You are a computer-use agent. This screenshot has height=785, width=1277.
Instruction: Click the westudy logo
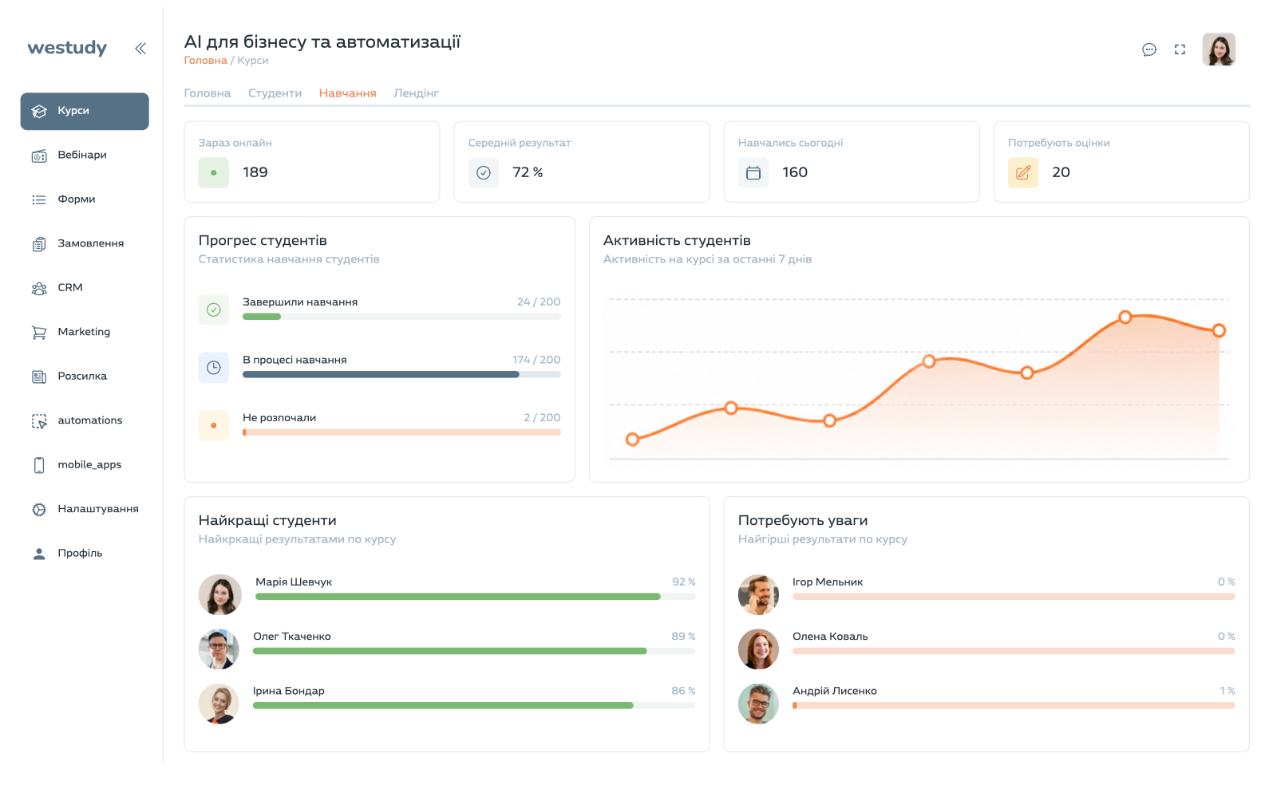click(x=67, y=48)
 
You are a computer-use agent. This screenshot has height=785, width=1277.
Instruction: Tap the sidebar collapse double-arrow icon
click(x=140, y=49)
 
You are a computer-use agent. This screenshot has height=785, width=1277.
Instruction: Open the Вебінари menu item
click(x=81, y=155)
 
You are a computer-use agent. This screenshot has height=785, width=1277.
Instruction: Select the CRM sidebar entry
click(x=69, y=288)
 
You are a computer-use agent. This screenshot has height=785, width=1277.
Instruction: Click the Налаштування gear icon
click(x=39, y=509)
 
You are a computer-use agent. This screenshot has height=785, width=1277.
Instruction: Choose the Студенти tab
click(x=275, y=93)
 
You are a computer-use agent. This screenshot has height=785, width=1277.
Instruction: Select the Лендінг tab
click(x=416, y=93)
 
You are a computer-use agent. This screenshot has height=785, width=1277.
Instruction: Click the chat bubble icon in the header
click(x=1149, y=49)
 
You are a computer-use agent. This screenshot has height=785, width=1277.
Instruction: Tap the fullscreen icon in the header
click(x=1180, y=49)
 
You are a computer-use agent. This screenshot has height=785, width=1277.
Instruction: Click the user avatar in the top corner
click(x=1219, y=49)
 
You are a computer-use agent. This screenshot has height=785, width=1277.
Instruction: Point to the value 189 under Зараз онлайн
click(x=255, y=172)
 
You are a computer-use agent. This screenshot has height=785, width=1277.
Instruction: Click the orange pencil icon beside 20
click(x=1022, y=172)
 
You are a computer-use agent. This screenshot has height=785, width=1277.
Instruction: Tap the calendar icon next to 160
click(x=753, y=172)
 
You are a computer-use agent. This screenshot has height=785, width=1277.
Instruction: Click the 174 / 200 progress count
click(x=536, y=360)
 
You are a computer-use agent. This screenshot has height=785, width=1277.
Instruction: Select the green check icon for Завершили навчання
click(x=214, y=310)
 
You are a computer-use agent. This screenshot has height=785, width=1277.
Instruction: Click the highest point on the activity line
click(x=1125, y=318)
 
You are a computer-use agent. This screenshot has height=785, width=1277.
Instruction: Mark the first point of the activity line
click(x=632, y=440)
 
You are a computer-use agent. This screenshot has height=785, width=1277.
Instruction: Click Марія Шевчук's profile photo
click(x=219, y=594)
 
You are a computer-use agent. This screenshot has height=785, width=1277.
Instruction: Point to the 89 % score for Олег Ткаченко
click(x=683, y=637)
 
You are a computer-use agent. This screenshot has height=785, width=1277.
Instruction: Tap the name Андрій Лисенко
click(x=835, y=691)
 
